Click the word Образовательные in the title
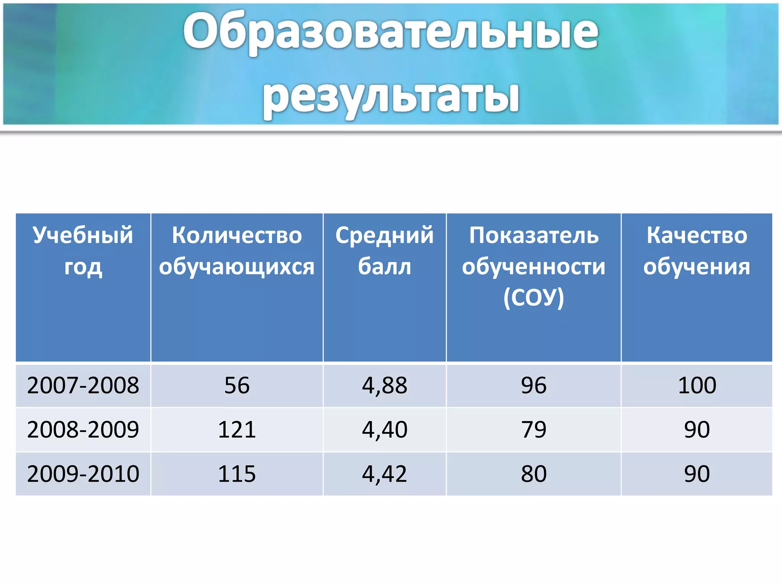click(x=391, y=32)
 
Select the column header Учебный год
click(x=83, y=250)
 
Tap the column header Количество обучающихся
click(x=237, y=250)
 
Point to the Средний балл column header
click(x=385, y=250)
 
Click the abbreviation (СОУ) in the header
click(x=533, y=298)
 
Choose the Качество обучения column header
click(x=697, y=250)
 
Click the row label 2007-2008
click(x=83, y=385)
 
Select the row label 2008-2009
click(x=83, y=430)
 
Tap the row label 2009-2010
click(x=83, y=474)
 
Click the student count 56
click(x=237, y=385)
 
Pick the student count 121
click(x=237, y=430)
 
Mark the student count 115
click(x=237, y=474)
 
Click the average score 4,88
click(x=385, y=385)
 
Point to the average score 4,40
click(x=385, y=430)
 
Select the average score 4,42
click(x=385, y=474)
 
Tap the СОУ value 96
click(x=533, y=385)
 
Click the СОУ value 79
click(x=533, y=430)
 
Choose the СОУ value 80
click(x=533, y=474)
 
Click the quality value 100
click(x=697, y=385)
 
